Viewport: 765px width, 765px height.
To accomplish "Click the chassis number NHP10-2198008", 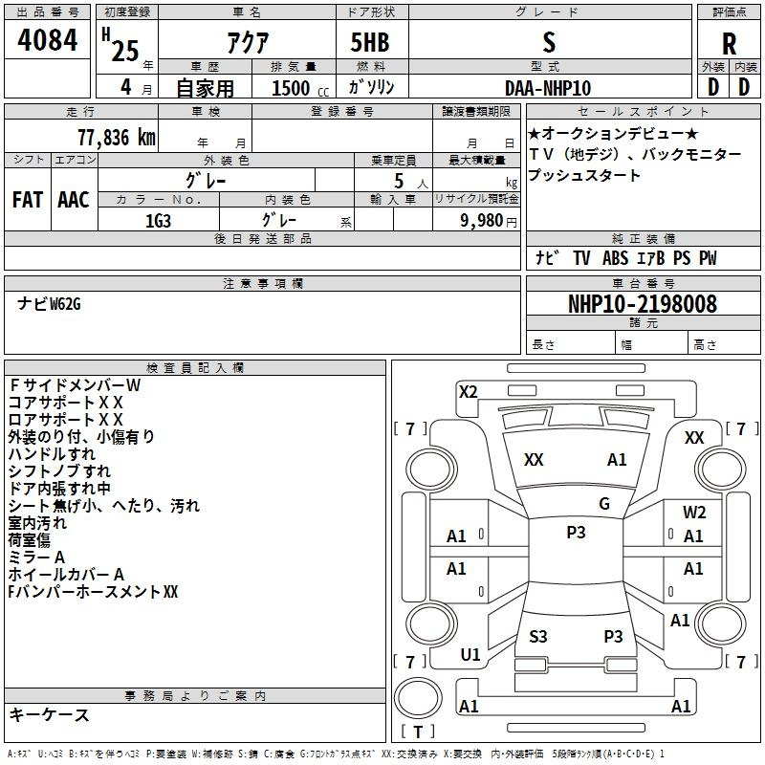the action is pyautogui.click(x=642, y=304).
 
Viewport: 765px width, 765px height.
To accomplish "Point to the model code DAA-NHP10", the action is pyautogui.click(x=548, y=88).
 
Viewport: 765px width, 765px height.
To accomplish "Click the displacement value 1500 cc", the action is pyautogui.click(x=293, y=88).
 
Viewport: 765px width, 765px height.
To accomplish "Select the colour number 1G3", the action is pyautogui.click(x=158, y=219).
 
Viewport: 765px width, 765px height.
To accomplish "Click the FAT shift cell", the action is pyautogui.click(x=27, y=199).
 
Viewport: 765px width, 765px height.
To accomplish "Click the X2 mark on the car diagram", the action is pyautogui.click(x=468, y=391).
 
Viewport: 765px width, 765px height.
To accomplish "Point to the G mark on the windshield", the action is pyautogui.click(x=603, y=503).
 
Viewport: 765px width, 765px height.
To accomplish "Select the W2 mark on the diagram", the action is pyautogui.click(x=694, y=513).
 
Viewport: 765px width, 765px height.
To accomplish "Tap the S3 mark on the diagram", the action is pyautogui.click(x=538, y=636).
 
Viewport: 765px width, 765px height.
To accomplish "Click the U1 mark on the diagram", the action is pyautogui.click(x=470, y=655).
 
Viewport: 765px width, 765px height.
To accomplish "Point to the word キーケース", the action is pyautogui.click(x=49, y=715).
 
